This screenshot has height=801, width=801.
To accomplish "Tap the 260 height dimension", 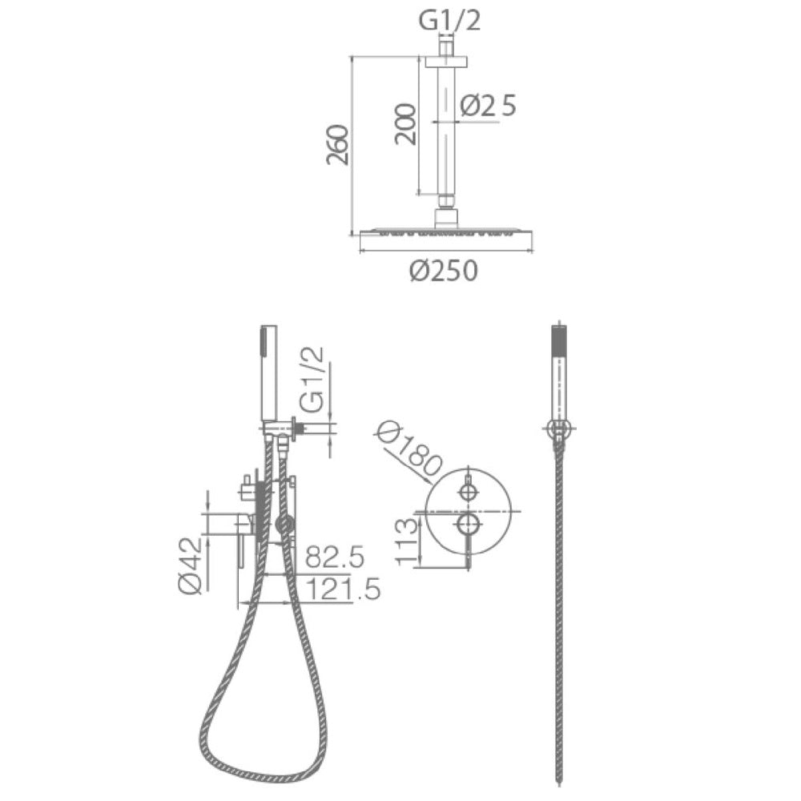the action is click(338, 144).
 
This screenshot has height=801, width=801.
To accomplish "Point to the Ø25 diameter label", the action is click(488, 106).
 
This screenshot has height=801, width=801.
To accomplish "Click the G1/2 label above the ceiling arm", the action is click(449, 21).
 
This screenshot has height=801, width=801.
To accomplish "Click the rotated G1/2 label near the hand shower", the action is click(312, 380).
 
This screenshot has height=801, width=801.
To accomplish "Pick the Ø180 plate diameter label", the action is click(408, 450).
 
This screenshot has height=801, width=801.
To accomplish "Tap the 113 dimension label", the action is click(407, 541).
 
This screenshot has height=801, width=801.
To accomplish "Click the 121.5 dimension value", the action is click(343, 590).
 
